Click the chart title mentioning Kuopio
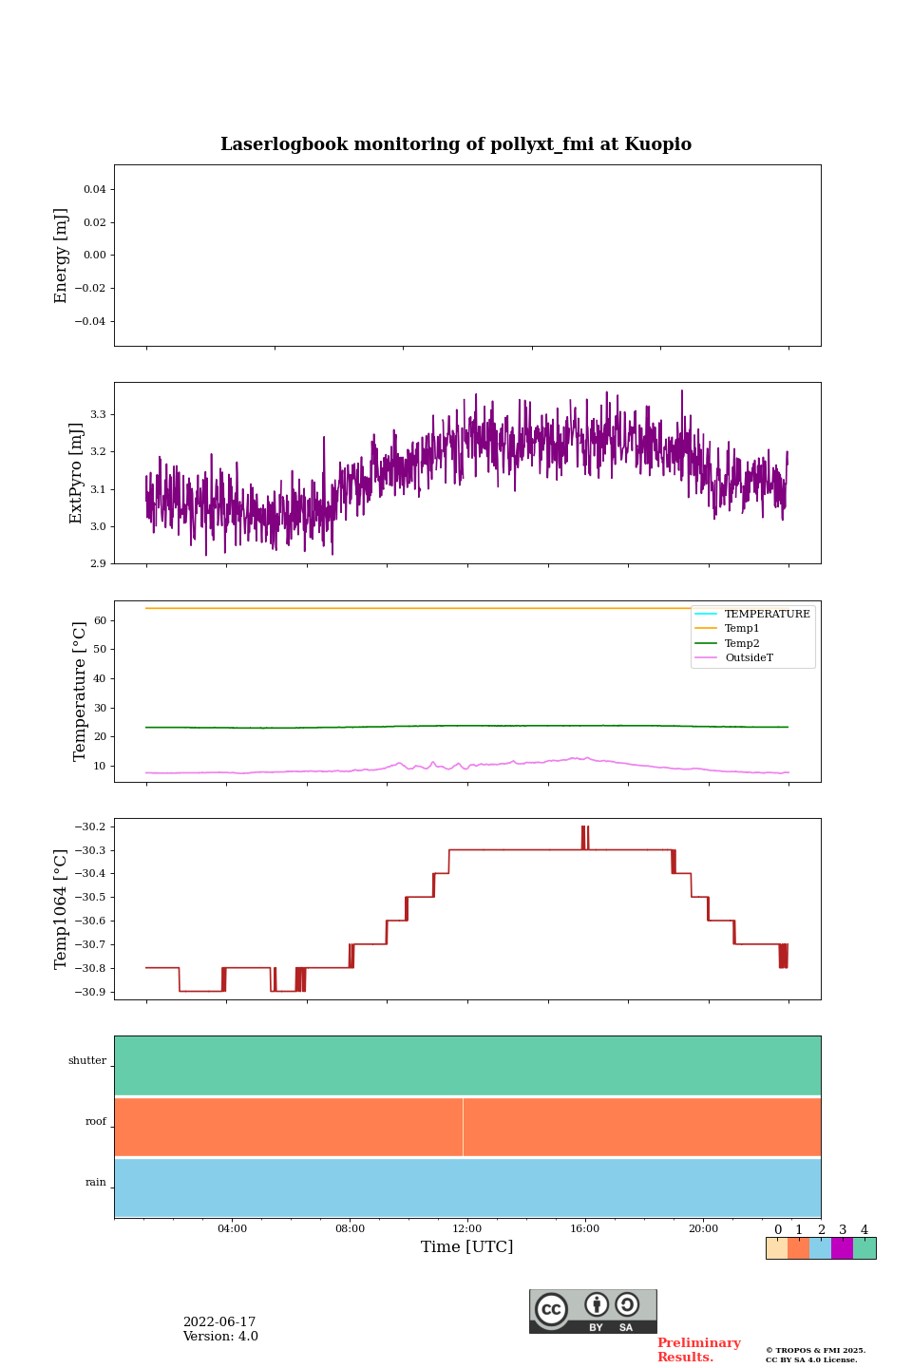(x=456, y=144)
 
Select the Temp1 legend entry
(x=741, y=629)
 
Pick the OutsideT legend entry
(x=748, y=657)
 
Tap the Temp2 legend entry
(x=741, y=643)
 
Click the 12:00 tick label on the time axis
(x=467, y=1228)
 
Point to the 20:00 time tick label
(x=703, y=1228)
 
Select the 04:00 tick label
(x=232, y=1228)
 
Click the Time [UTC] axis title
(x=467, y=1246)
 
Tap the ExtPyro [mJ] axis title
(x=76, y=473)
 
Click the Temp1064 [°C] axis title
(x=61, y=909)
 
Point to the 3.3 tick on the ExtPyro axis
(x=98, y=414)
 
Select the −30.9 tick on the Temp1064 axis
(x=93, y=992)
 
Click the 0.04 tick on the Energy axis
(x=94, y=189)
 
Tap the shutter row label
(x=87, y=1060)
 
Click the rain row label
(x=96, y=1182)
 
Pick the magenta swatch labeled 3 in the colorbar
(x=842, y=1248)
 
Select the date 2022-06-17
(x=219, y=1321)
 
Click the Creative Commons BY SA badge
(x=593, y=1311)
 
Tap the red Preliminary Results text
(x=698, y=1349)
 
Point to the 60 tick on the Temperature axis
(x=99, y=620)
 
